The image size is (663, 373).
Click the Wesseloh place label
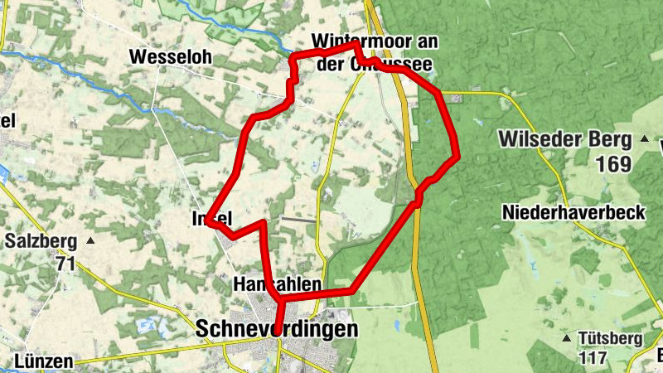coord(172,57)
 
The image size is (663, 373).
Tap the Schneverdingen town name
coord(278,329)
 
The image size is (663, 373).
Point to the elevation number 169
coord(612,164)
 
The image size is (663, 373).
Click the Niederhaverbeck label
coord(573,213)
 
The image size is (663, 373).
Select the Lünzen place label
coord(43,361)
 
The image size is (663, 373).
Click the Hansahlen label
coord(278,284)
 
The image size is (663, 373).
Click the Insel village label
coord(211,219)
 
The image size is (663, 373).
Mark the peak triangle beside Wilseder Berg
coord(643,138)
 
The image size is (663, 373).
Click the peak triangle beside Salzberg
coord(90,241)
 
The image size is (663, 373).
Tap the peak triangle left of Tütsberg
coord(566,338)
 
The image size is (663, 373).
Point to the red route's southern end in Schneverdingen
coord(277,332)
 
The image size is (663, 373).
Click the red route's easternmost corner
coord(457,155)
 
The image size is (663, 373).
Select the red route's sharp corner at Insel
coord(207,221)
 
